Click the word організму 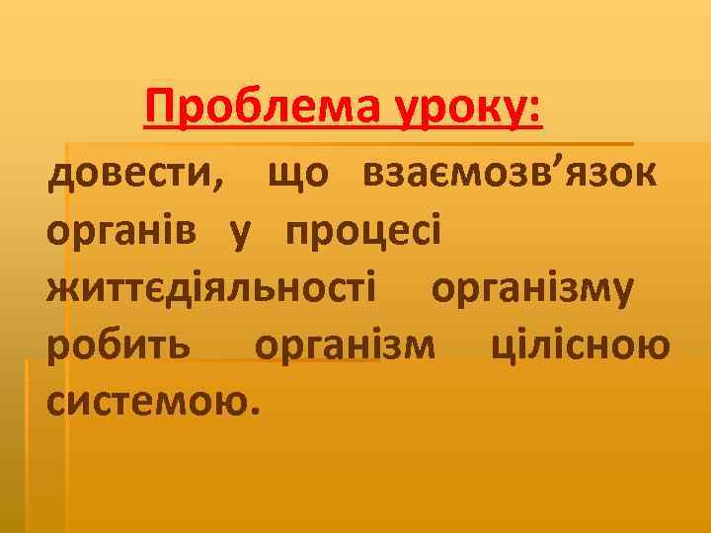tap(531, 290)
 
